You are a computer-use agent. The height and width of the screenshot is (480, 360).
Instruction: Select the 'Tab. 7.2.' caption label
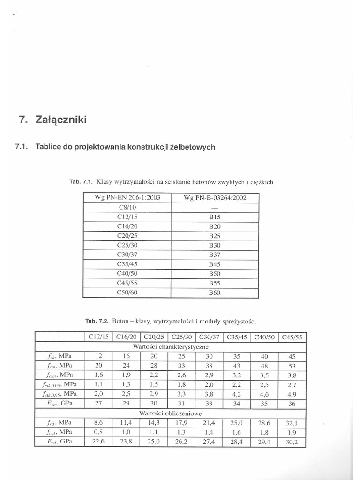point(97,321)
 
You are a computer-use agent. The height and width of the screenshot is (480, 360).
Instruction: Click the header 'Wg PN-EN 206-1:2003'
point(127,198)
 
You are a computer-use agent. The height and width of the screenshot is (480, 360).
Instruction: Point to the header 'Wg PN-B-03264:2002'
point(215,198)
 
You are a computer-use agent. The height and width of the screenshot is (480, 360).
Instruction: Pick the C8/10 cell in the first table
point(127,207)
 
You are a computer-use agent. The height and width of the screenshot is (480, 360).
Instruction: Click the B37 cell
point(215,255)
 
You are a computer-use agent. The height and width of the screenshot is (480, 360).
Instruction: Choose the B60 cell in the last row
point(215,293)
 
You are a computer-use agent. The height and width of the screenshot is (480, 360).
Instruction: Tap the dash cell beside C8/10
point(215,207)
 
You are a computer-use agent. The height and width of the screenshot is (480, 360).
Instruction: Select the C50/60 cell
point(127,293)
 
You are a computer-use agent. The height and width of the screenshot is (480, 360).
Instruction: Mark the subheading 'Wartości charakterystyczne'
point(171,347)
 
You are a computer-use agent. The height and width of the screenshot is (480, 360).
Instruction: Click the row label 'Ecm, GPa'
point(59,403)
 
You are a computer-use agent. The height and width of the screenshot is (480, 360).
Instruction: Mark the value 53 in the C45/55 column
point(292,366)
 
